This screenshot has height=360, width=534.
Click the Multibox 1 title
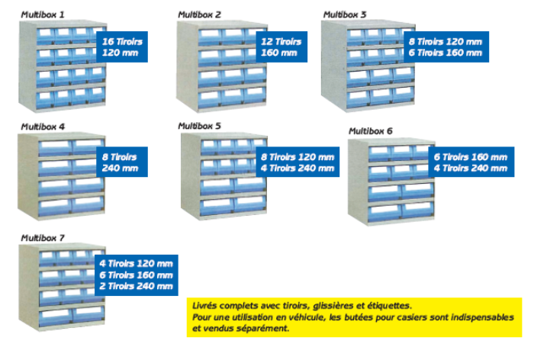[43, 14]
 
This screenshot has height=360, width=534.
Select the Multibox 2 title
[199, 14]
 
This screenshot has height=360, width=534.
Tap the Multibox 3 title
[344, 14]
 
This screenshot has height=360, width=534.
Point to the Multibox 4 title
[43, 126]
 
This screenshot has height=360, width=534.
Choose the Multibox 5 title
[199, 126]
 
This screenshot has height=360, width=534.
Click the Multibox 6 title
[370, 131]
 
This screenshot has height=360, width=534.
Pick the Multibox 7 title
[43, 238]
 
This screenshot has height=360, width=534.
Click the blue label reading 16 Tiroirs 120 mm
[122, 47]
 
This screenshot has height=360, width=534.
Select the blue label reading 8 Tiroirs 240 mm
[120, 162]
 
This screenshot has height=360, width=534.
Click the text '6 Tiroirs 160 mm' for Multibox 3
[446, 53]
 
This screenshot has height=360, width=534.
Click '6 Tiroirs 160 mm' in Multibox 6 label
[471, 157]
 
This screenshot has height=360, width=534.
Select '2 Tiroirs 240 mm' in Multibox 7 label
[137, 286]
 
